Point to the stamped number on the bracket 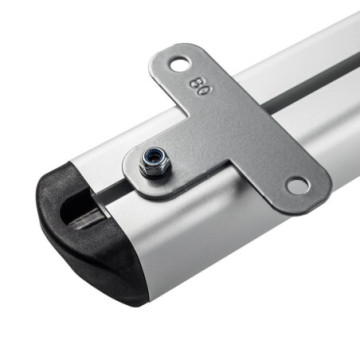click(201, 85)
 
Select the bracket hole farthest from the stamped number click(297, 184)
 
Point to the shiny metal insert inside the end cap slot click(88, 217)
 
